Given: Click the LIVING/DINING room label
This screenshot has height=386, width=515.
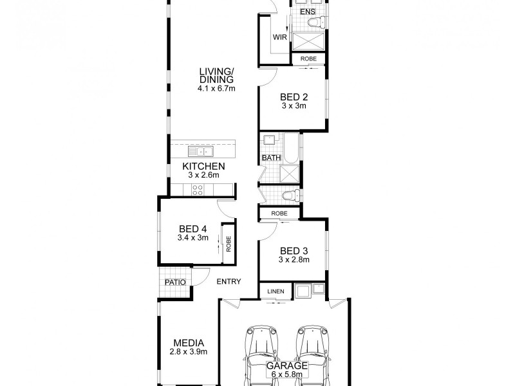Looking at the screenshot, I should click(216, 75).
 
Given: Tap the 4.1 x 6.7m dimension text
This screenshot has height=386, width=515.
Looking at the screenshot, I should click(216, 88).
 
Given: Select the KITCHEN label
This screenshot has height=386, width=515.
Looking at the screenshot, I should click(203, 166).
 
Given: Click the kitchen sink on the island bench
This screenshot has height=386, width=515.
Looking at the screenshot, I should click(201, 152).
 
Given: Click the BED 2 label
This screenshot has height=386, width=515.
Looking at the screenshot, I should click(294, 97).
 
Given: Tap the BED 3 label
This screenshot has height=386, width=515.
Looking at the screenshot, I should click(294, 251).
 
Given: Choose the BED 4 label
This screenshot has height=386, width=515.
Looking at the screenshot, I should click(193, 228).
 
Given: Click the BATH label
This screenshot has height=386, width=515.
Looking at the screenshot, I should click(270, 158).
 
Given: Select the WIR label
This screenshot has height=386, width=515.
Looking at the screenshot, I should click(279, 37).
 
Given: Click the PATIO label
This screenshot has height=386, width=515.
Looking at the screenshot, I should click(175, 282).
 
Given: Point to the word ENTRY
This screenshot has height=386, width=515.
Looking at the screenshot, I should click(229, 281).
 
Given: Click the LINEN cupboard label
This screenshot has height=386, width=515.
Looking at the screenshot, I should click(276, 291).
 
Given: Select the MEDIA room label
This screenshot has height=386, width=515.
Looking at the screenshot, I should click(189, 342).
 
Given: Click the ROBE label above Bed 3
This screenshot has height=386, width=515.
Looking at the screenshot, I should click(279, 213).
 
